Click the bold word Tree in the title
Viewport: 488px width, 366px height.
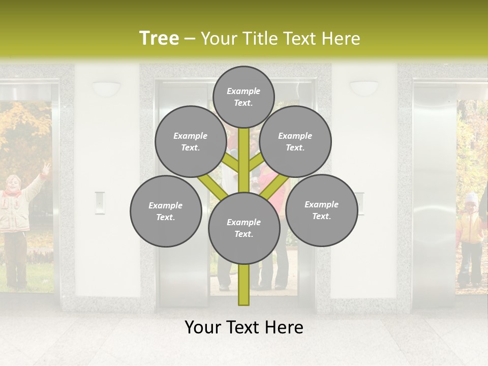(x=159, y=39)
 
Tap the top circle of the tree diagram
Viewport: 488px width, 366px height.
(x=243, y=97)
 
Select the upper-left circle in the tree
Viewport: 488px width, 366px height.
(x=190, y=141)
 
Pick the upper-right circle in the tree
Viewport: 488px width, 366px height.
(x=295, y=141)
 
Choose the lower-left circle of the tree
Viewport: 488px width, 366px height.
(x=165, y=211)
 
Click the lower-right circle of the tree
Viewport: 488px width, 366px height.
(x=321, y=210)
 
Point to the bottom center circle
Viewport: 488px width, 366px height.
(x=243, y=228)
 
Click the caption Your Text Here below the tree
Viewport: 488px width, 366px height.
(x=243, y=327)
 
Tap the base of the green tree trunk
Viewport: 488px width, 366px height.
(x=243, y=300)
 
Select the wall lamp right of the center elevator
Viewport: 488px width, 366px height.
(x=364, y=87)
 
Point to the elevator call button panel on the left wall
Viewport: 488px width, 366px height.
(x=100, y=202)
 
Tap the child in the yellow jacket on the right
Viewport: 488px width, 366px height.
(x=470, y=234)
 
